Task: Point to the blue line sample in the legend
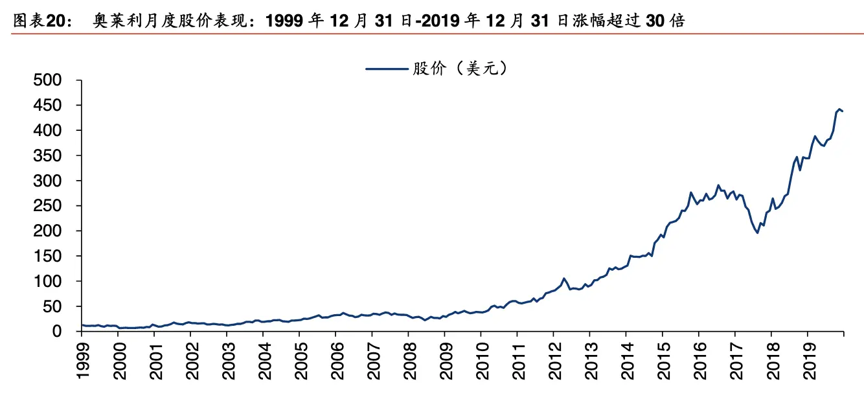pyautogui.click(x=386, y=68)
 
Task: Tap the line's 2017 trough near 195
pyautogui.click(x=757, y=233)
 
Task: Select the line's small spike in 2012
pyautogui.click(x=564, y=279)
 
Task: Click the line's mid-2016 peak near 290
pyautogui.click(x=718, y=185)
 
